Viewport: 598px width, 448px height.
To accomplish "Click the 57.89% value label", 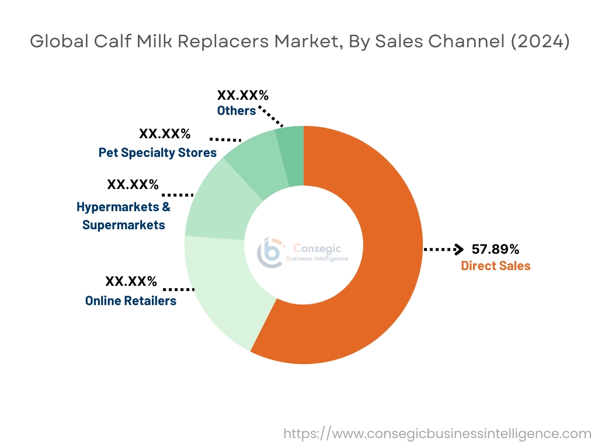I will pos(495,250).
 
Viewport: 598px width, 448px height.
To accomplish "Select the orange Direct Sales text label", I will pos(495,266).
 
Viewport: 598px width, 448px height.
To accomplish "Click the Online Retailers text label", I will pos(130,301).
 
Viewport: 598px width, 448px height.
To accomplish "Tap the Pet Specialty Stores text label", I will pos(157,153).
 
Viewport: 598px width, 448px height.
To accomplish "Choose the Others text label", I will pos(236,111).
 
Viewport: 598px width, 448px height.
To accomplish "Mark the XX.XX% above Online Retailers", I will pos(131,282).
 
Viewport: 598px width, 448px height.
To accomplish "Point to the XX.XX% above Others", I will pos(243,94).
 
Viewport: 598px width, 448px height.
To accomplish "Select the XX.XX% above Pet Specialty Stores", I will pos(165,134).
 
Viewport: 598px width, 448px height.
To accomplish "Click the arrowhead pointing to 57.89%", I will pos(459,249).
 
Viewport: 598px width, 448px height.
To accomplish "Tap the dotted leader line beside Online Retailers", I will pos(179,289).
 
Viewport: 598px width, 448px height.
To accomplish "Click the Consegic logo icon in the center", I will pos(269,253).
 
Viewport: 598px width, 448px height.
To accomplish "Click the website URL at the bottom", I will pos(437,433).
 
